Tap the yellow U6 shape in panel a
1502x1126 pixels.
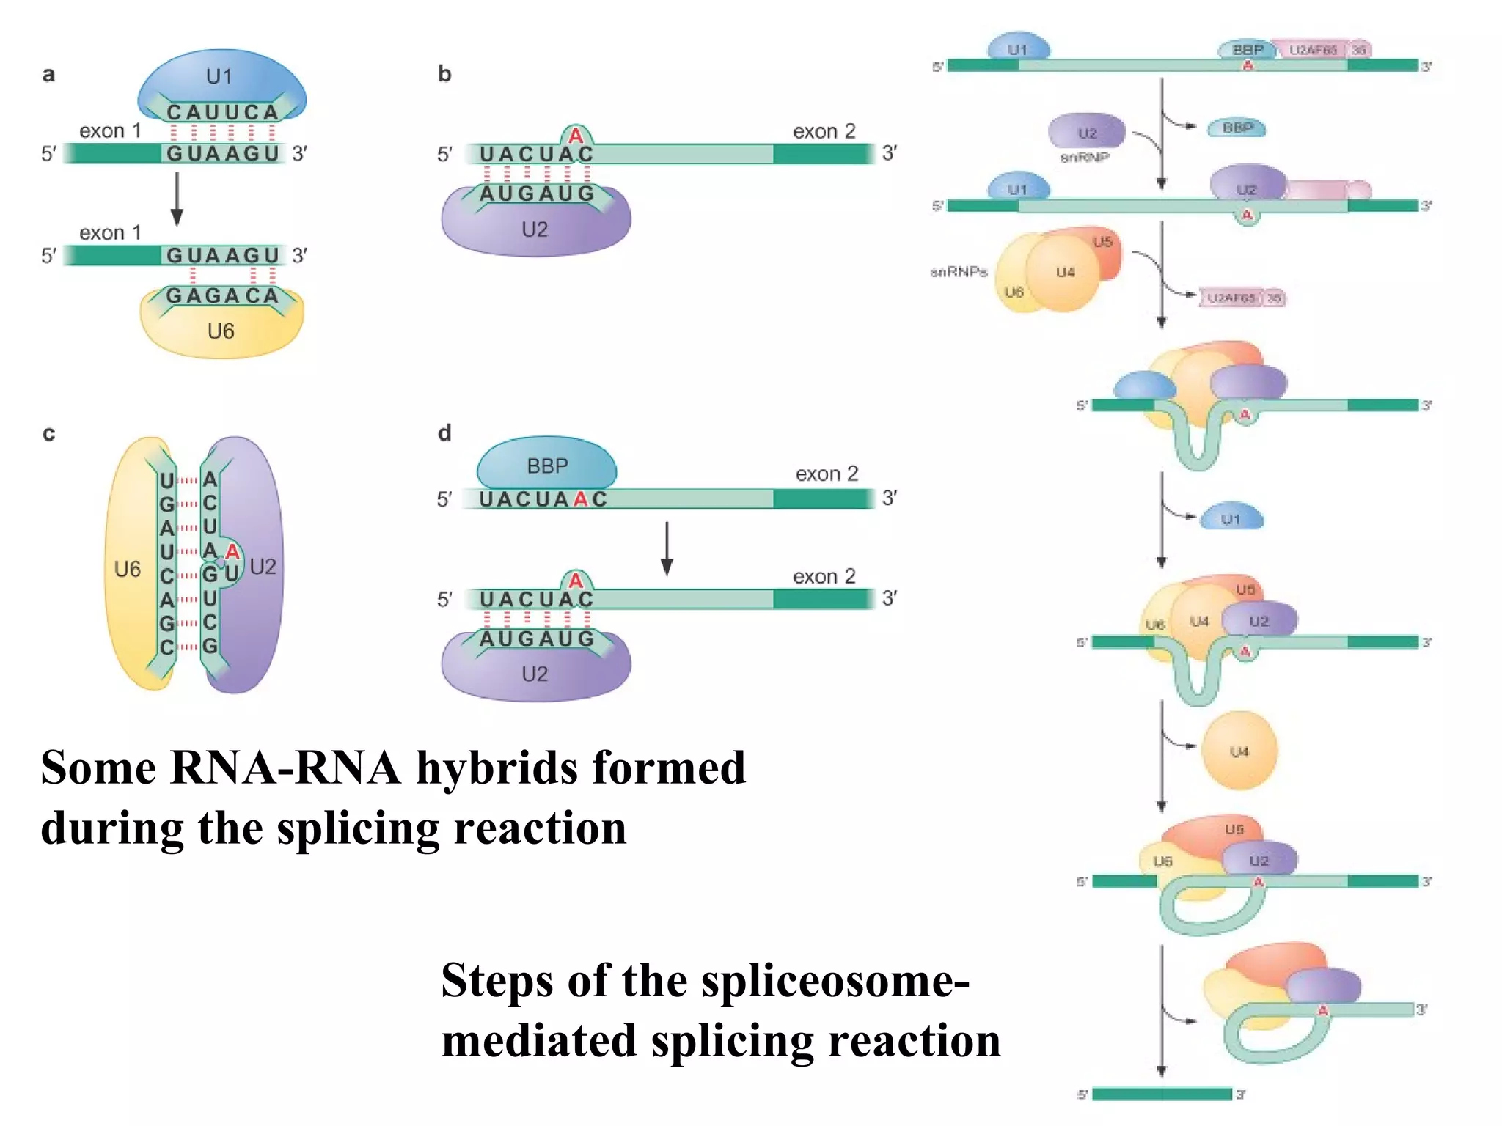(221, 331)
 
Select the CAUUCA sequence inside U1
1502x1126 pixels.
(222, 112)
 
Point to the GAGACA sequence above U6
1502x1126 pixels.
(222, 295)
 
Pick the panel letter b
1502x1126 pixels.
(444, 74)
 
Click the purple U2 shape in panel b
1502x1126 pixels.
(535, 229)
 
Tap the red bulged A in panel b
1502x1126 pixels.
(576, 136)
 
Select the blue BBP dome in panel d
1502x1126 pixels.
(547, 465)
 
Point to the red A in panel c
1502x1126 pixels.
(232, 551)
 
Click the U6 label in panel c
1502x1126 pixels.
(128, 569)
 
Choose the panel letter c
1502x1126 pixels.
(48, 433)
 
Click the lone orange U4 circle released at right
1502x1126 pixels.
(1239, 751)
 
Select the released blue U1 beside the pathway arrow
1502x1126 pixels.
(1231, 518)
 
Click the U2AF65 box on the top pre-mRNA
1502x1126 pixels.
(1313, 50)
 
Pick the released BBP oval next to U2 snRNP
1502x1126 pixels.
(1237, 128)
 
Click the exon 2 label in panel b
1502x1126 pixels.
(824, 131)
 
